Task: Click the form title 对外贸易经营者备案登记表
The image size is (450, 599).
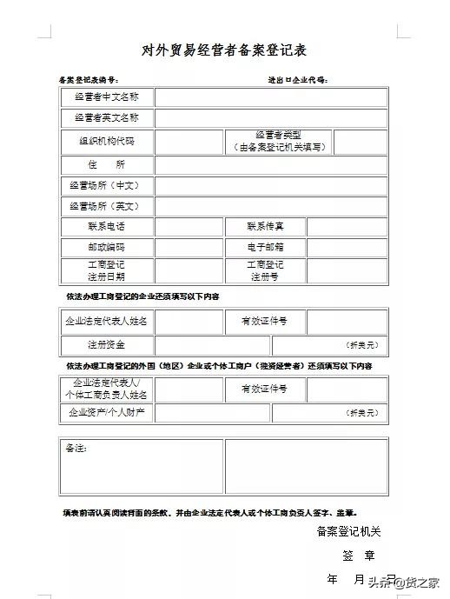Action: (224, 50)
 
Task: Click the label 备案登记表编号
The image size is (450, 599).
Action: (94, 79)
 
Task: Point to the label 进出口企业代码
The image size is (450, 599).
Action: (297, 79)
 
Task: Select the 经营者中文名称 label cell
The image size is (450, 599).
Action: (107, 97)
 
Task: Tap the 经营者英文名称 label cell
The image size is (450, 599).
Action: (107, 118)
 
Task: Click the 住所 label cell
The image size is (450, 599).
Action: (107, 164)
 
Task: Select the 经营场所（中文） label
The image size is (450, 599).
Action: (107, 186)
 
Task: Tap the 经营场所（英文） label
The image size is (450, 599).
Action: (107, 207)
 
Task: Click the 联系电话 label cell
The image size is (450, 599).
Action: (107, 227)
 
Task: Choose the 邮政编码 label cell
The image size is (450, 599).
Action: (107, 248)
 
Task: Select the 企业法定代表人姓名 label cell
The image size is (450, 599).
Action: (107, 322)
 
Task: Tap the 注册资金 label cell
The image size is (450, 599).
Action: (107, 344)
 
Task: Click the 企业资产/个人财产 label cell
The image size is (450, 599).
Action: (107, 412)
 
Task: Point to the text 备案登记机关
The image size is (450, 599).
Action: (348, 531)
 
